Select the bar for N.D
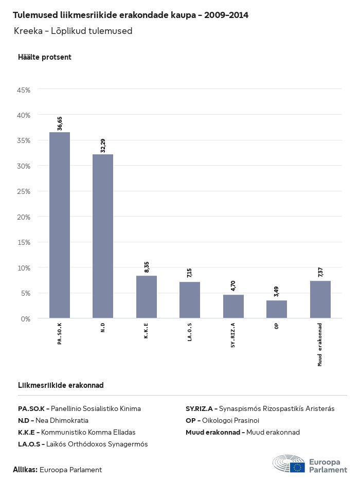coord(103,236)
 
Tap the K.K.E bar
coord(147,297)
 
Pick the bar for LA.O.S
coord(190,300)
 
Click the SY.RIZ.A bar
coord(233,306)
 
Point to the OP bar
coord(277,309)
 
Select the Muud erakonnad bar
coord(320,299)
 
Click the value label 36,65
coord(60,123)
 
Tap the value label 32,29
coord(103,146)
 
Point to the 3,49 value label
coord(277,292)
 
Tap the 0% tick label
coord(26,319)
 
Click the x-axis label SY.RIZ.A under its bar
coord(233,335)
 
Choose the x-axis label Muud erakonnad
coord(320,345)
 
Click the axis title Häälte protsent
coord(45,57)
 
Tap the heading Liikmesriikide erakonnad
coord(61,385)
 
